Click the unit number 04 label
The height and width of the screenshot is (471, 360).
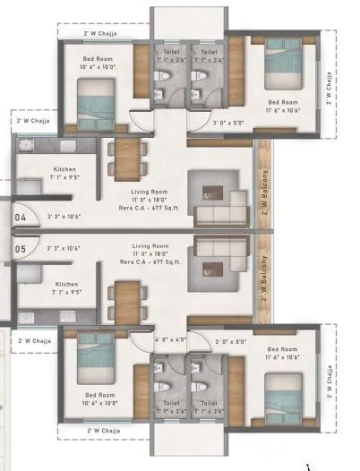click(x=21, y=217)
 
